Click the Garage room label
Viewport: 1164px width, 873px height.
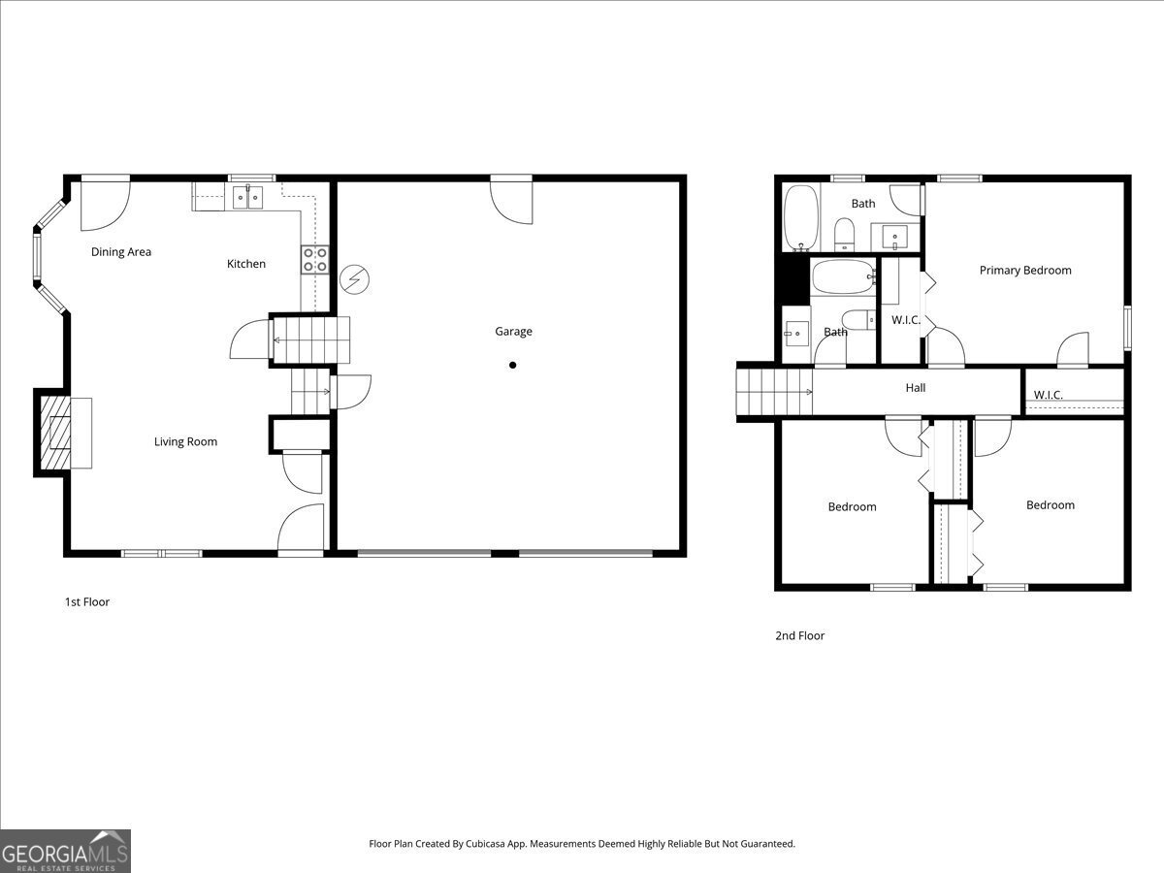point(513,332)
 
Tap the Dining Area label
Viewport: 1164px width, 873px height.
point(121,252)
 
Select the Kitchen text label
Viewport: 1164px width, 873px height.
point(246,264)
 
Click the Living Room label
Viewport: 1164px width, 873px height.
point(185,442)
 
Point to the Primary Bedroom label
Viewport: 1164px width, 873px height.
point(1025,271)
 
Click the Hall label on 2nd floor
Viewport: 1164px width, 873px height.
point(916,388)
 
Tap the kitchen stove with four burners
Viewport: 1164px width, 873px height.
point(314,259)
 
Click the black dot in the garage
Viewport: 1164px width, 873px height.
point(513,366)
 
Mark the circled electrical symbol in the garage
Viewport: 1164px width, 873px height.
point(354,279)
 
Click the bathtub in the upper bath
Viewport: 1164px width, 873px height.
point(801,216)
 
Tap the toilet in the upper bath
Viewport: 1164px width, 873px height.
point(844,233)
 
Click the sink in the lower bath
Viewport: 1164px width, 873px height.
point(796,333)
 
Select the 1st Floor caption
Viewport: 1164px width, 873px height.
point(87,602)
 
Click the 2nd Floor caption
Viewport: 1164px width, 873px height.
point(799,636)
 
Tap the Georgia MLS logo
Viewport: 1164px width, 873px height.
point(65,851)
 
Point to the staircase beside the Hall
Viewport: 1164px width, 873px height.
point(774,391)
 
